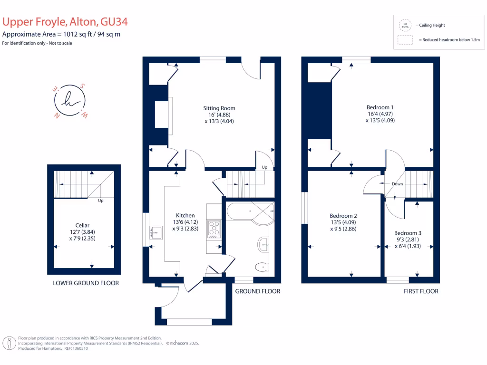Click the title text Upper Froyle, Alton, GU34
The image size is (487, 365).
click(65, 22)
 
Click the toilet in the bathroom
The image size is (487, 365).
click(260, 268)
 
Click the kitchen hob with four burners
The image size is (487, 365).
click(214, 230)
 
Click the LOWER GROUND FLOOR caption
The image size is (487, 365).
click(86, 283)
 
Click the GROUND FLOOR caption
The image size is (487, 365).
click(258, 291)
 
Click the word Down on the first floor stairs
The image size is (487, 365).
click(398, 184)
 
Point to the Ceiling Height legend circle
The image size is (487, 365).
click(405, 25)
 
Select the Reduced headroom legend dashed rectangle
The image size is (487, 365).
click(405, 40)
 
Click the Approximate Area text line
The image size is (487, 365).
click(61, 35)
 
